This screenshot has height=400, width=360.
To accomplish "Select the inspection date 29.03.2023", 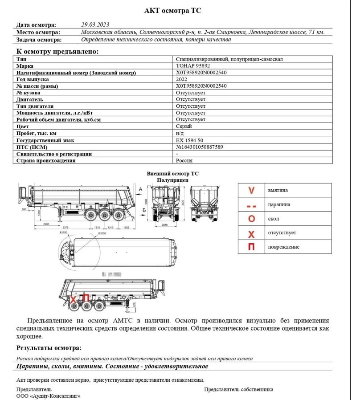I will pos(95,24).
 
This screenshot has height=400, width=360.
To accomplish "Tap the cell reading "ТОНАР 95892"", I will pos(193,66).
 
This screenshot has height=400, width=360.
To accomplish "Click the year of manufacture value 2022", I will pos(182,79).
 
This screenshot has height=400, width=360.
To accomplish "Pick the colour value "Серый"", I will pos(184,127).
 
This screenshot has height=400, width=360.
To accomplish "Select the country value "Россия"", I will pos(184,160).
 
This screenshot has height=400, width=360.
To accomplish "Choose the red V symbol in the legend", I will pos(251,190).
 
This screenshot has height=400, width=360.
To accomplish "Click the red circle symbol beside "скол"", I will pos(251,219).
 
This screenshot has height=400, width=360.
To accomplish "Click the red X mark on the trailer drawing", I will pos(73,298).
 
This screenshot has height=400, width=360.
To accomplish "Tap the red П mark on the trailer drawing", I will pos(86,298).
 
